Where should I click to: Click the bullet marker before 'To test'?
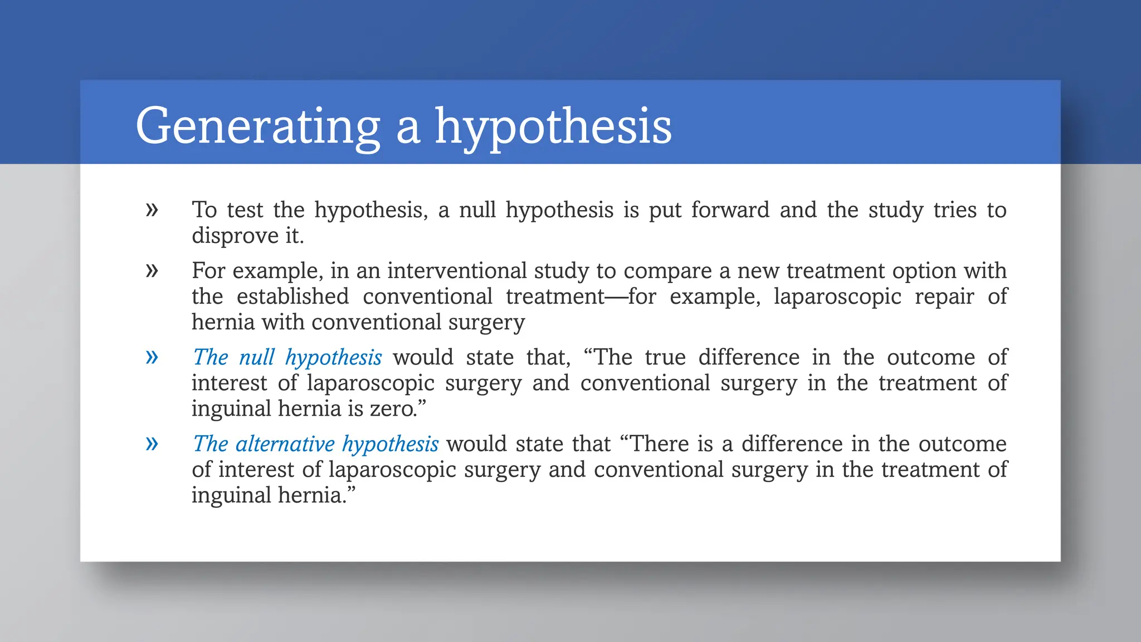click(x=152, y=210)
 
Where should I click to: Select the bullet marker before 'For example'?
click(x=152, y=271)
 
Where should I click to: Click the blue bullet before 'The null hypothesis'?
click(x=152, y=357)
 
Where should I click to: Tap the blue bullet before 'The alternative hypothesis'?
click(x=152, y=444)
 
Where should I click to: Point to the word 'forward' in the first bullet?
click(x=730, y=210)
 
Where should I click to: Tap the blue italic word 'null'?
click(x=256, y=357)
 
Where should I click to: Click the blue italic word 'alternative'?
click(x=285, y=444)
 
